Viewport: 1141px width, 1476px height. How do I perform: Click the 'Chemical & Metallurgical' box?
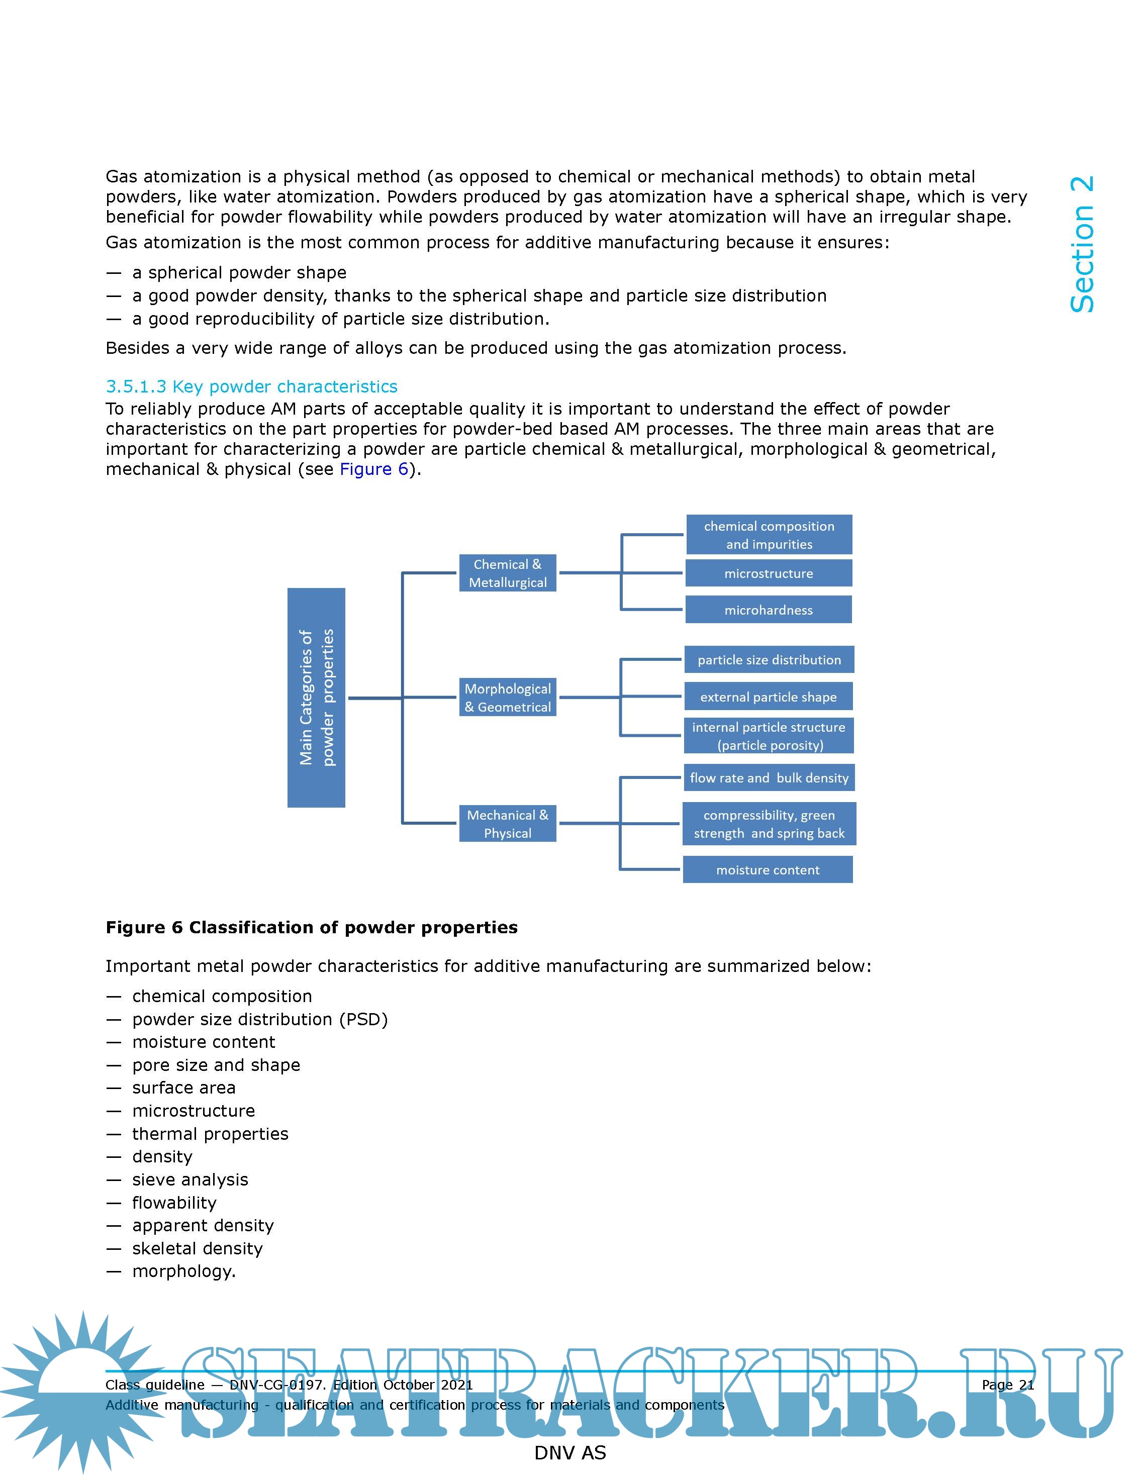(507, 573)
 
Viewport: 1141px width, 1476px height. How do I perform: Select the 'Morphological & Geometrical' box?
(507, 698)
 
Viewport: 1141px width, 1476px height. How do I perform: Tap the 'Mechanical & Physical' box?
(507, 823)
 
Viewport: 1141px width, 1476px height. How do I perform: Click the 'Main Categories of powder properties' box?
(316, 698)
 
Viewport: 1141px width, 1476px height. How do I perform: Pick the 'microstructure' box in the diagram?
(769, 573)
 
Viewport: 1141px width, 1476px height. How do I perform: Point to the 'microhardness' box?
(769, 610)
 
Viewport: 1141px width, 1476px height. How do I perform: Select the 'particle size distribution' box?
(769, 660)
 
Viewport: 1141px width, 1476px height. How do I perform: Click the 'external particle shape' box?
(769, 697)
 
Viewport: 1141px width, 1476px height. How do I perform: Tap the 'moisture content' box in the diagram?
(768, 870)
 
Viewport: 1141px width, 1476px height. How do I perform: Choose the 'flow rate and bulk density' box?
(769, 778)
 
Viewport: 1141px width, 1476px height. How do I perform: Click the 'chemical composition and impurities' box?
(769, 535)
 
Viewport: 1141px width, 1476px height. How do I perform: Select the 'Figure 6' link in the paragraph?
(374, 469)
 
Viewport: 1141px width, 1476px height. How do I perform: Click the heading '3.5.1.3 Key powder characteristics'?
(251, 386)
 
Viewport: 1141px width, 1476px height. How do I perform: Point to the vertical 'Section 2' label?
(1082, 245)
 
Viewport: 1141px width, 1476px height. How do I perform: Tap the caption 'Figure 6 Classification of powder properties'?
(312, 927)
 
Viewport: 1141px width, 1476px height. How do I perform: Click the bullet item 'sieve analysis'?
(190, 1179)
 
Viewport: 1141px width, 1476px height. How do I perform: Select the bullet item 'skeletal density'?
(198, 1248)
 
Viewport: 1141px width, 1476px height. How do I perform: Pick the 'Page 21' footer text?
(1007, 1385)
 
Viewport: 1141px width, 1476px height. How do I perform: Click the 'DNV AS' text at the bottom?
(570, 1453)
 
